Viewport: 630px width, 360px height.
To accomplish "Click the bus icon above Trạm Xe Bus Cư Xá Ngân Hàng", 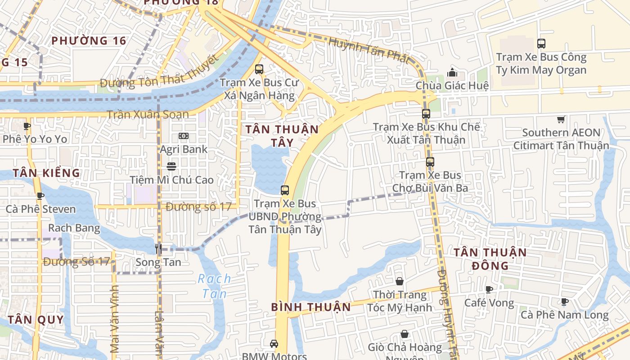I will point(259,69).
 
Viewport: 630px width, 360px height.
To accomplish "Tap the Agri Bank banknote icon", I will point(184,136).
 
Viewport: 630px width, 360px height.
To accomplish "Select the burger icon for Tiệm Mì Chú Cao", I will point(171,166).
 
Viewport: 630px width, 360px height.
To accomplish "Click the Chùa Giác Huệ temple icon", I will point(452,72).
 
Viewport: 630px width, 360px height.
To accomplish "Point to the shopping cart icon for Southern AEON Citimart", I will point(561,119).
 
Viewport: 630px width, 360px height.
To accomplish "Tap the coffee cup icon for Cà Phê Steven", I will point(40,196).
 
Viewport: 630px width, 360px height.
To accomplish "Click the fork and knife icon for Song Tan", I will point(158,248).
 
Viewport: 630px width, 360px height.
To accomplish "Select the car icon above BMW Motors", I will point(274,344).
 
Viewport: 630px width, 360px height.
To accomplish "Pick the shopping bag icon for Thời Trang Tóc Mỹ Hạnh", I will point(400,282).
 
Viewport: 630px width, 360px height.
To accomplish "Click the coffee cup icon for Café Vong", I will point(489,289).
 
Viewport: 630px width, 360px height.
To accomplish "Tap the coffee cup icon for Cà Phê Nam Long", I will point(565,301).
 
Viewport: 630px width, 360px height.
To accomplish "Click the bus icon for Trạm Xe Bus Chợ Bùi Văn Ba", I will point(430,162).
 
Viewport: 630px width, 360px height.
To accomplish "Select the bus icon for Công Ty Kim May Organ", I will point(541,44).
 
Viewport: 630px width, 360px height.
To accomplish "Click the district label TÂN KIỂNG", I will point(46,173).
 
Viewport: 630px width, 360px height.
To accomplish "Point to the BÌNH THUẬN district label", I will point(311,307).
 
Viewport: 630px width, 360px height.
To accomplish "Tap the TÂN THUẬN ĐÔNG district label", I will point(490,259).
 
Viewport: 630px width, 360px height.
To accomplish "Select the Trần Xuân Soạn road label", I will point(148,114).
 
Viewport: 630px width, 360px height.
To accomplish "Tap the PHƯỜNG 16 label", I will point(89,41).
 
